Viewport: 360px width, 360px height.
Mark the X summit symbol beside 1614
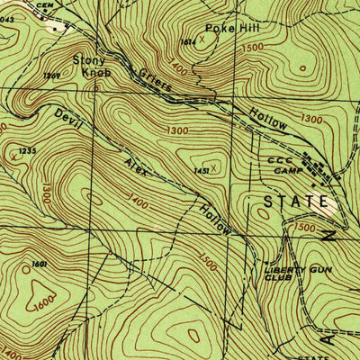click(x=203, y=40)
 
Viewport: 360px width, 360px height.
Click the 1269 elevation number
click(x=50, y=77)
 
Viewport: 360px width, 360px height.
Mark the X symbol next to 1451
click(x=213, y=166)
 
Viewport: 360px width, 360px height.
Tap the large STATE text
click(x=292, y=202)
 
